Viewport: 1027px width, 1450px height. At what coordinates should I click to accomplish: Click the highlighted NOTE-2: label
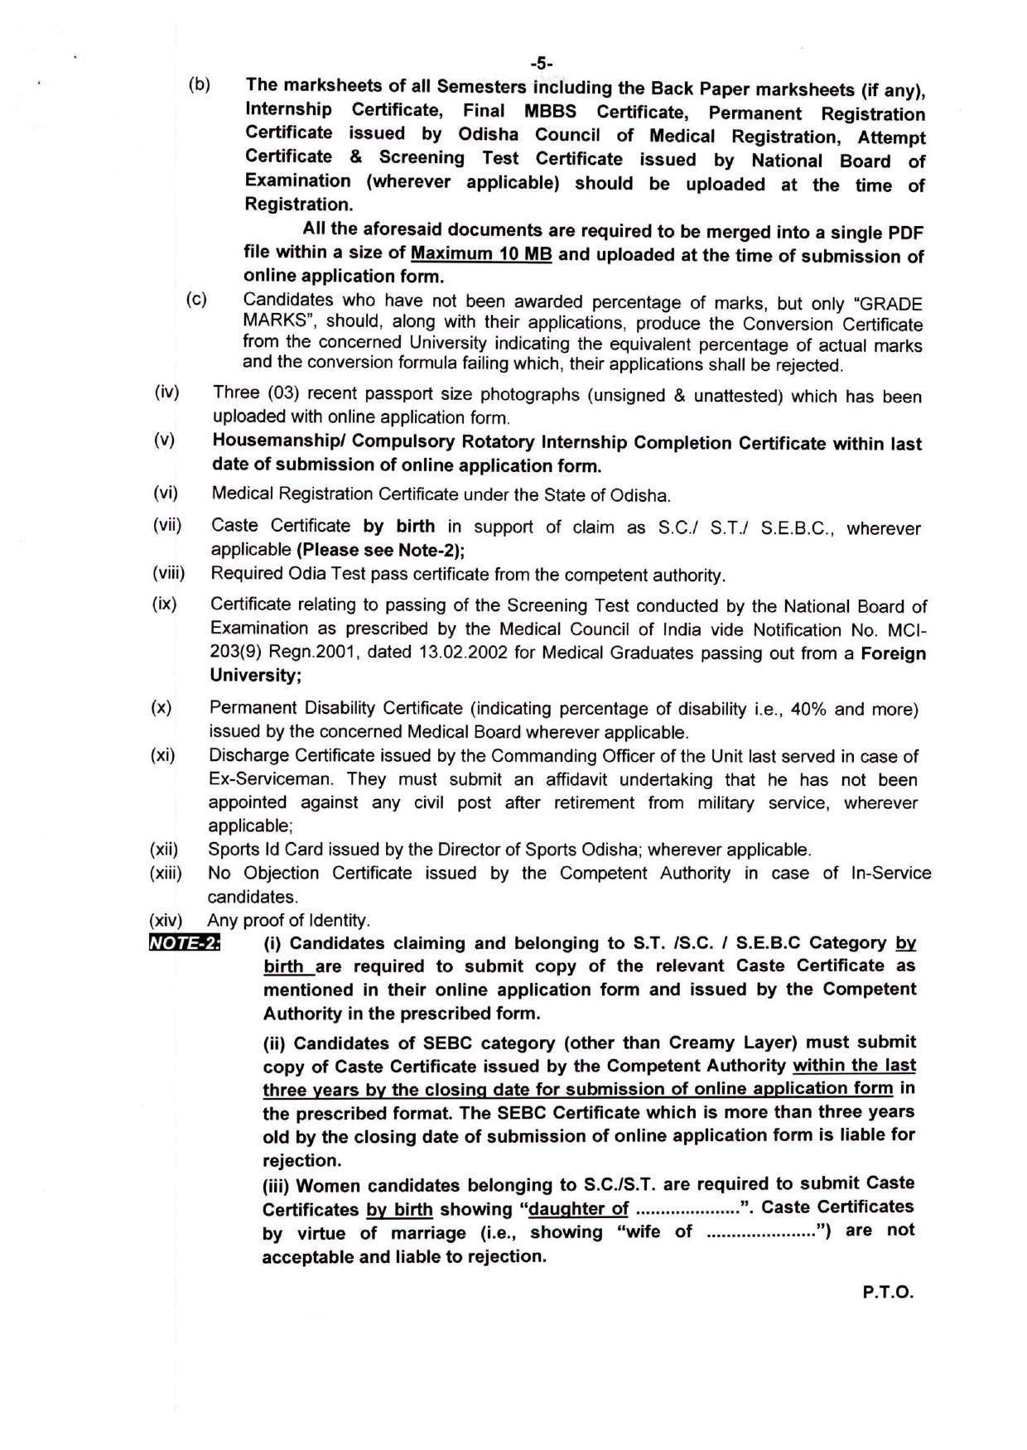click(184, 942)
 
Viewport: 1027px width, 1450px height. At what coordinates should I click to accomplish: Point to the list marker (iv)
click(166, 392)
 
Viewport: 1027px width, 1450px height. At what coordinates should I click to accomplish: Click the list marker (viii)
click(169, 573)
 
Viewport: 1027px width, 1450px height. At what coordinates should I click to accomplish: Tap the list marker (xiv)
click(166, 919)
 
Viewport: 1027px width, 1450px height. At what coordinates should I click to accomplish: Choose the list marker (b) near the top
click(199, 84)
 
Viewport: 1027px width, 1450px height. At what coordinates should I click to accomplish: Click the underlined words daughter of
click(579, 1209)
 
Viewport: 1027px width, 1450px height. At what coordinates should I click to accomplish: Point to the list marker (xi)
click(163, 755)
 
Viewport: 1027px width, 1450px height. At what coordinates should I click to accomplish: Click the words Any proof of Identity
click(288, 920)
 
